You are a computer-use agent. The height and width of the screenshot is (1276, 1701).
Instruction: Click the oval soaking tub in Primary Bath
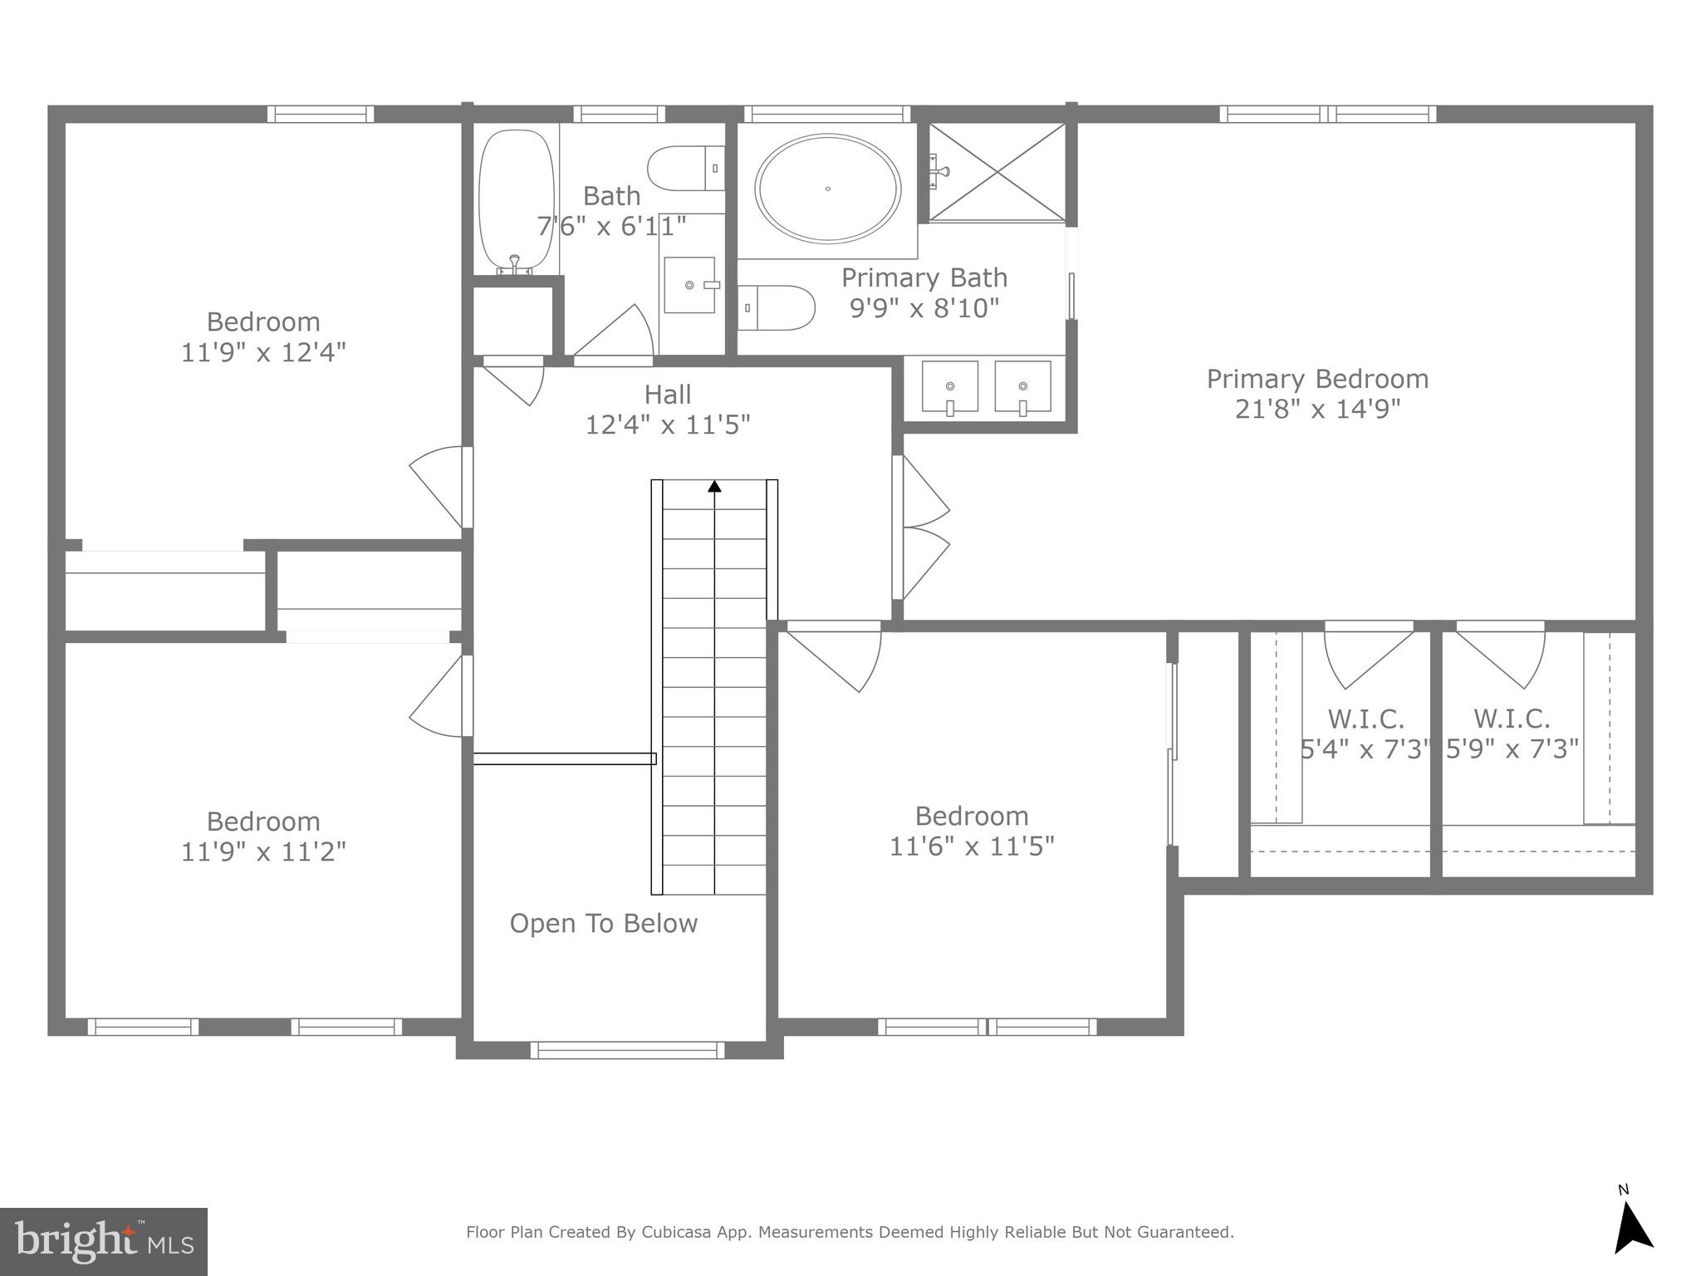click(827, 189)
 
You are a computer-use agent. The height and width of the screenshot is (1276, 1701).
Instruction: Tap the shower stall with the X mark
click(997, 172)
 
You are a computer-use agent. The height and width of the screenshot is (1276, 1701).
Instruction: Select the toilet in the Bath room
click(684, 169)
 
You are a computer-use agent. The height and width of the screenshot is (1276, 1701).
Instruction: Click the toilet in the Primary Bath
click(777, 307)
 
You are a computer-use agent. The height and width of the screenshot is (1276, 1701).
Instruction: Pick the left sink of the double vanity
click(949, 387)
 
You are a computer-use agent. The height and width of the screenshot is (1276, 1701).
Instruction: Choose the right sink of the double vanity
click(1022, 387)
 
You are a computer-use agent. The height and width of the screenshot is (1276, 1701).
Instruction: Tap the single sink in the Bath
click(689, 285)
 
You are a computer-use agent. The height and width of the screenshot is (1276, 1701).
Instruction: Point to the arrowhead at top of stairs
click(714, 486)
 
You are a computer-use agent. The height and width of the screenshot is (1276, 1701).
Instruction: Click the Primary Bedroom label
click(1317, 379)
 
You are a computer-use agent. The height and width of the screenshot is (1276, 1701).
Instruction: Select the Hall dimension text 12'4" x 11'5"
click(668, 425)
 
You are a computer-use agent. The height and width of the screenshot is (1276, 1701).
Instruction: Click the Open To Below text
click(603, 924)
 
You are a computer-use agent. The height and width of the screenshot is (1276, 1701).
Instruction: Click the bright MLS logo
click(103, 1242)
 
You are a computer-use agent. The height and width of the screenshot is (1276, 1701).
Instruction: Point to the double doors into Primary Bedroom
click(922, 528)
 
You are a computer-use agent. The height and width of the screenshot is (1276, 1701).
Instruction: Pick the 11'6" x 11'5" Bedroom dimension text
click(972, 847)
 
